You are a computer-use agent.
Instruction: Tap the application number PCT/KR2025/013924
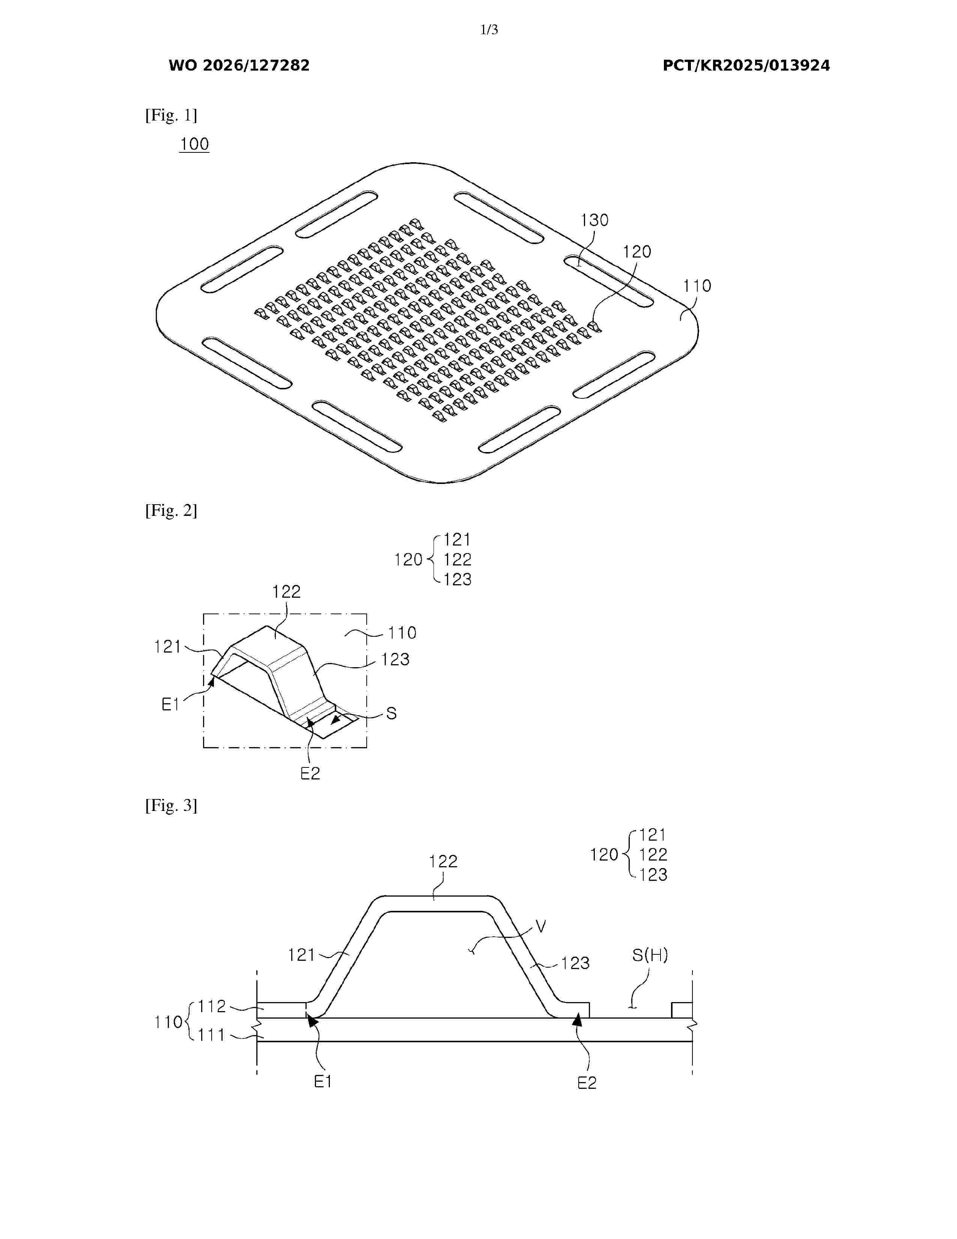pyautogui.click(x=746, y=66)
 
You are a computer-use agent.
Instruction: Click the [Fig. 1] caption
pyautogui.click(x=171, y=115)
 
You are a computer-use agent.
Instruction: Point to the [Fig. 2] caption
pyautogui.click(x=171, y=511)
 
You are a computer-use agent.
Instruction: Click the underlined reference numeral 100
pyautogui.click(x=194, y=144)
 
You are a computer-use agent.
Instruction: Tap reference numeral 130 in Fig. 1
pyautogui.click(x=594, y=220)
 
